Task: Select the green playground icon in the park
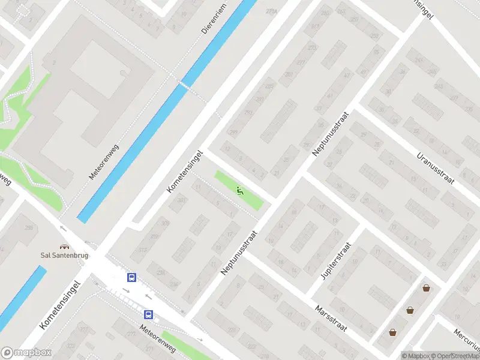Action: click(x=240, y=191)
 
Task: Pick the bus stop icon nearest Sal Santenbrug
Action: click(x=131, y=277)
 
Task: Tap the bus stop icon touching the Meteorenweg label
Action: click(x=148, y=314)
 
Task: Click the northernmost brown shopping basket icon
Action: click(x=426, y=288)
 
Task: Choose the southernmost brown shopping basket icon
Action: click(x=392, y=332)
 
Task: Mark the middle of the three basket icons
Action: click(x=410, y=310)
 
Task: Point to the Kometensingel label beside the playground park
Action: click(x=185, y=172)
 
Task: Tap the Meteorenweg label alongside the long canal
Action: click(x=104, y=161)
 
